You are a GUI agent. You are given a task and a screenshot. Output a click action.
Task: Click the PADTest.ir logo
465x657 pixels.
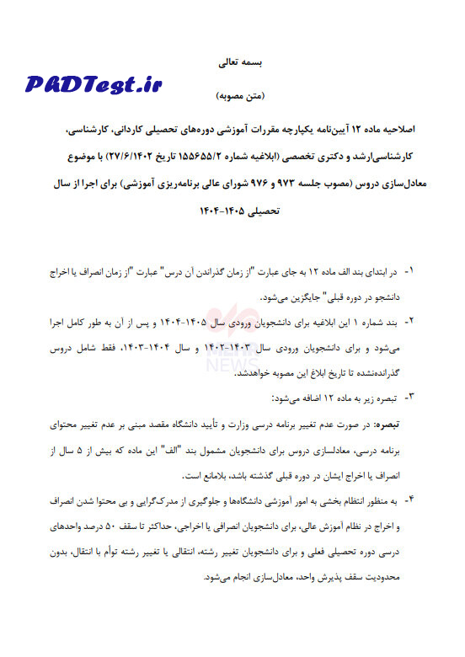tap(93, 83)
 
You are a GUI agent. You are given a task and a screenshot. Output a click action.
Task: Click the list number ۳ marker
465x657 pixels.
tap(409, 395)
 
